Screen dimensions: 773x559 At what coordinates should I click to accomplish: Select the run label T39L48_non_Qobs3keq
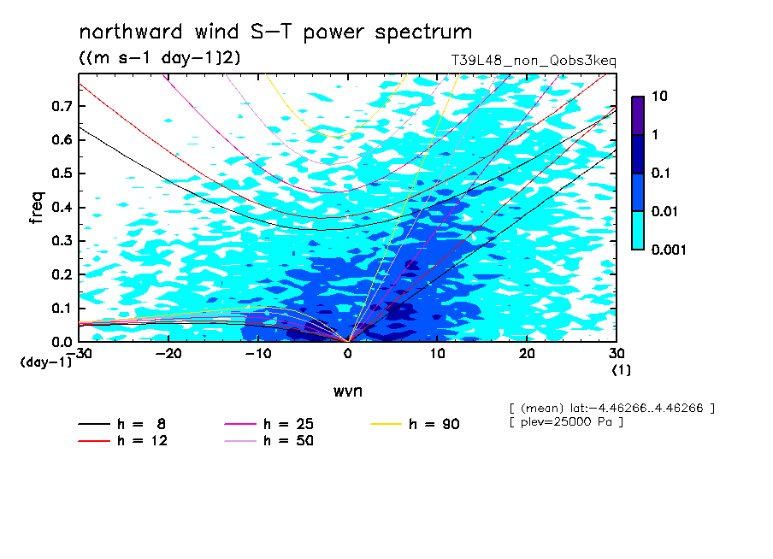coord(534,61)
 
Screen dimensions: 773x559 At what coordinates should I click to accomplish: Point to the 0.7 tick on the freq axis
coord(62,106)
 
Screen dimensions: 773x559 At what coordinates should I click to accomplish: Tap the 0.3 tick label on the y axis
coord(62,240)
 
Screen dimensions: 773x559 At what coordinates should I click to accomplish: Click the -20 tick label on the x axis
coord(168,354)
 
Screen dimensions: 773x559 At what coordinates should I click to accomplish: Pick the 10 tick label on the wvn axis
coord(437,354)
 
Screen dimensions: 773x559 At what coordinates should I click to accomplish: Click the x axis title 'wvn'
coord(348,391)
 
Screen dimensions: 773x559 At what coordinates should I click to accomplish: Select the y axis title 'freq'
coord(37,208)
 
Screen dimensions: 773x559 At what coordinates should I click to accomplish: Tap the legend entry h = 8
coord(121,424)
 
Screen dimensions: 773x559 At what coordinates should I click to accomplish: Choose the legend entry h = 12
coord(123,440)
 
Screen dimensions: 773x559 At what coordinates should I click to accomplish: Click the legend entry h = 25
coord(268,424)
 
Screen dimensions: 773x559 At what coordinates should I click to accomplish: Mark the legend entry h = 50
coord(268,440)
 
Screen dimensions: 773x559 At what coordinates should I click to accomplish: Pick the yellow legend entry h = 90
coord(415,424)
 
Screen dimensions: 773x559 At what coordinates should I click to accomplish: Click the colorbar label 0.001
coord(669,250)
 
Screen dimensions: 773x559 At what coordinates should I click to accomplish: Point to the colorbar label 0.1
coord(661,173)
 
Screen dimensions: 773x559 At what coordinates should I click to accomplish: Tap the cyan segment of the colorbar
coord(638,231)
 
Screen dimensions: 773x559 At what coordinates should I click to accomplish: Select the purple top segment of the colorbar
coord(638,116)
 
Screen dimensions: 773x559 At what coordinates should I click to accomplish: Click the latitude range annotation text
coord(611,409)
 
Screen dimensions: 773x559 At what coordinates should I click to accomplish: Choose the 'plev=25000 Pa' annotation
coord(566,422)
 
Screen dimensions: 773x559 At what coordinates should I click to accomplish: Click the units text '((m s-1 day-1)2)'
coord(160,58)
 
